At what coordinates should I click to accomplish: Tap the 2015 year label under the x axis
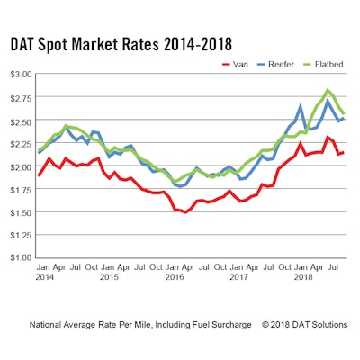point(108,276)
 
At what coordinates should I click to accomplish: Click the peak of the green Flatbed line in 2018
point(328,90)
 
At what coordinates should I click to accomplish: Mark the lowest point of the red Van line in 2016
point(186,211)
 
